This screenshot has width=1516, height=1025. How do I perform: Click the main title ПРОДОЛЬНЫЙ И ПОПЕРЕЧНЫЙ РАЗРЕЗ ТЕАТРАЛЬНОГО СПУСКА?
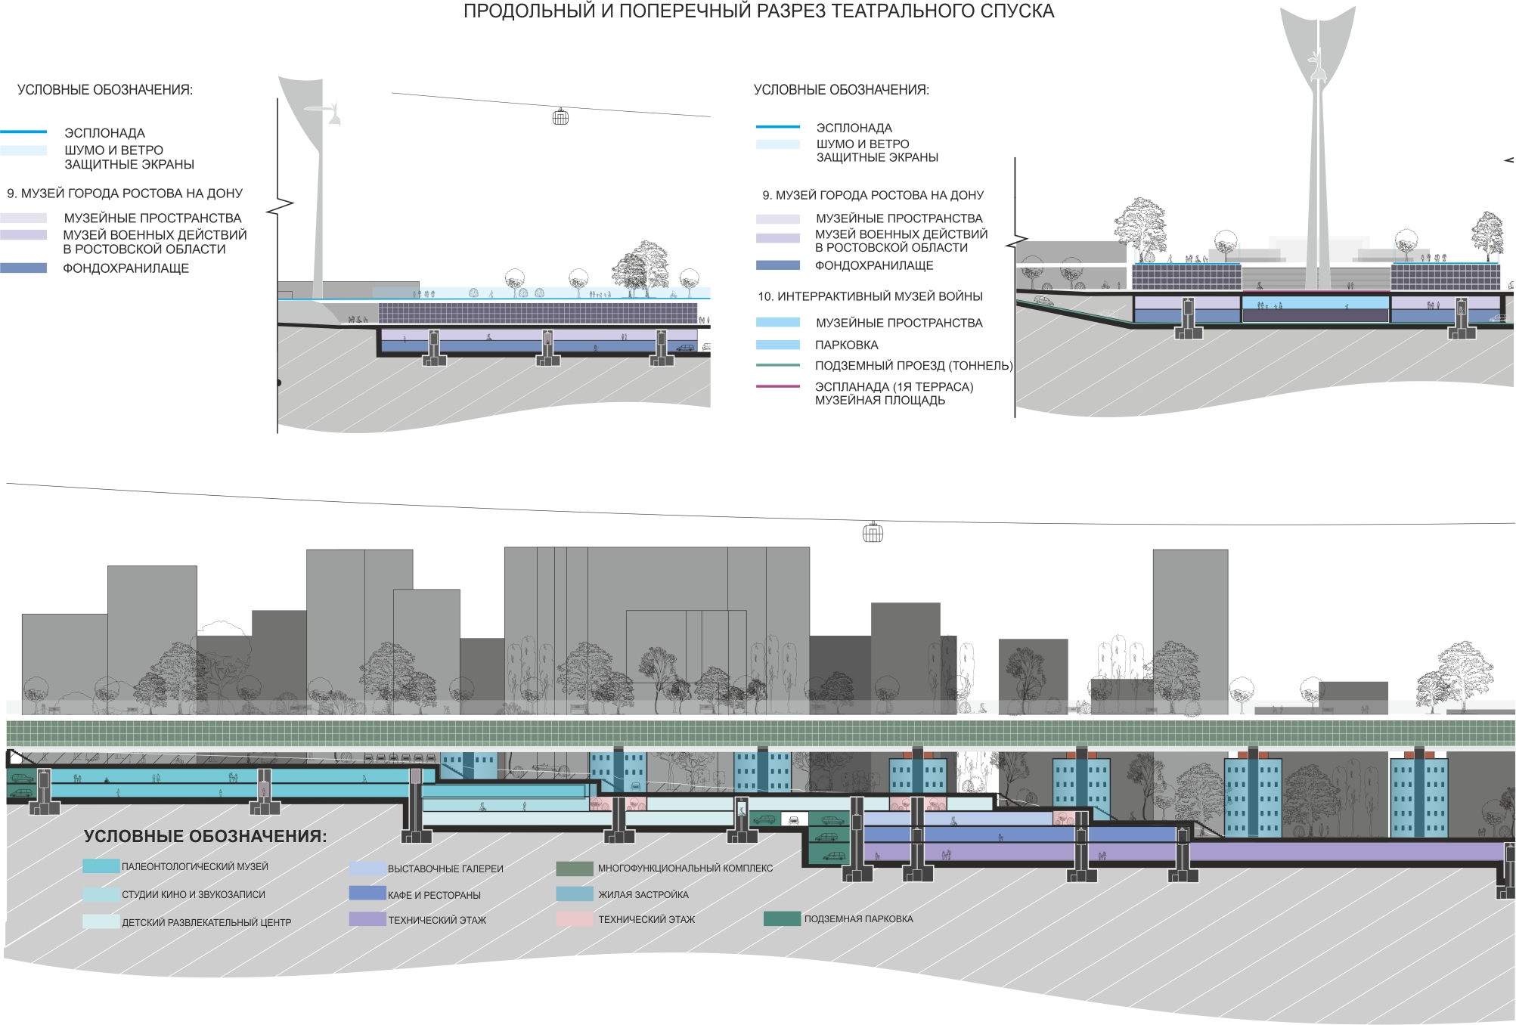tap(758, 11)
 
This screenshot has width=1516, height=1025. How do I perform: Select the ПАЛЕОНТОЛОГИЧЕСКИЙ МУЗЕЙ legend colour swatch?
tap(101, 866)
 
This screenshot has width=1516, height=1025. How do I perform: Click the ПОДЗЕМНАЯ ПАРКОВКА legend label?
tap(858, 919)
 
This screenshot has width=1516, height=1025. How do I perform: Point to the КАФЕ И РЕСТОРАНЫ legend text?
tap(434, 895)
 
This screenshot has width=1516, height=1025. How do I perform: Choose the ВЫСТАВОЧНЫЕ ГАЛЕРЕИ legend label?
tap(445, 869)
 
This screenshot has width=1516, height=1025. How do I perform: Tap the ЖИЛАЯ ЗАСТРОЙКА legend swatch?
tap(575, 893)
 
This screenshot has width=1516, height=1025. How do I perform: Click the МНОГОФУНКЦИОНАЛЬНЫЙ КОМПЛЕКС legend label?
tap(686, 869)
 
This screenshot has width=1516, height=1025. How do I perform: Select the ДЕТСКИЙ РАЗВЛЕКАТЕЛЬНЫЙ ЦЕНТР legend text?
tap(206, 922)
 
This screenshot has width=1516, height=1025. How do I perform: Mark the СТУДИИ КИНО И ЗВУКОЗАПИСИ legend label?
tap(194, 895)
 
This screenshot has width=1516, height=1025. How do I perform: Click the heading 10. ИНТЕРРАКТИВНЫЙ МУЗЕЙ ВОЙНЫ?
tap(870, 296)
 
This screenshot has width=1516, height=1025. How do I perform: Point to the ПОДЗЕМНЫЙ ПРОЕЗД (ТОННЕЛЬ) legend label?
tap(913, 366)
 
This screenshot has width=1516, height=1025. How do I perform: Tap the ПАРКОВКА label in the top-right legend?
tap(846, 345)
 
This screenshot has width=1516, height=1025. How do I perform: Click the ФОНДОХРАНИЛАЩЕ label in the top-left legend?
tap(126, 268)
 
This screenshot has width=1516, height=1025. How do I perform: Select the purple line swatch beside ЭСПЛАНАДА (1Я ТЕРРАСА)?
tap(778, 386)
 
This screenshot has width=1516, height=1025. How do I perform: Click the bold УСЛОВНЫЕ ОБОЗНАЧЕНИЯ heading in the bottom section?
tap(206, 836)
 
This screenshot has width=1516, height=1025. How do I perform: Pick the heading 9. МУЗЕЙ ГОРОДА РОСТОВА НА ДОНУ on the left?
tap(125, 194)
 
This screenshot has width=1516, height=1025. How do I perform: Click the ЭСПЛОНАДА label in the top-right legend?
tap(854, 128)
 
